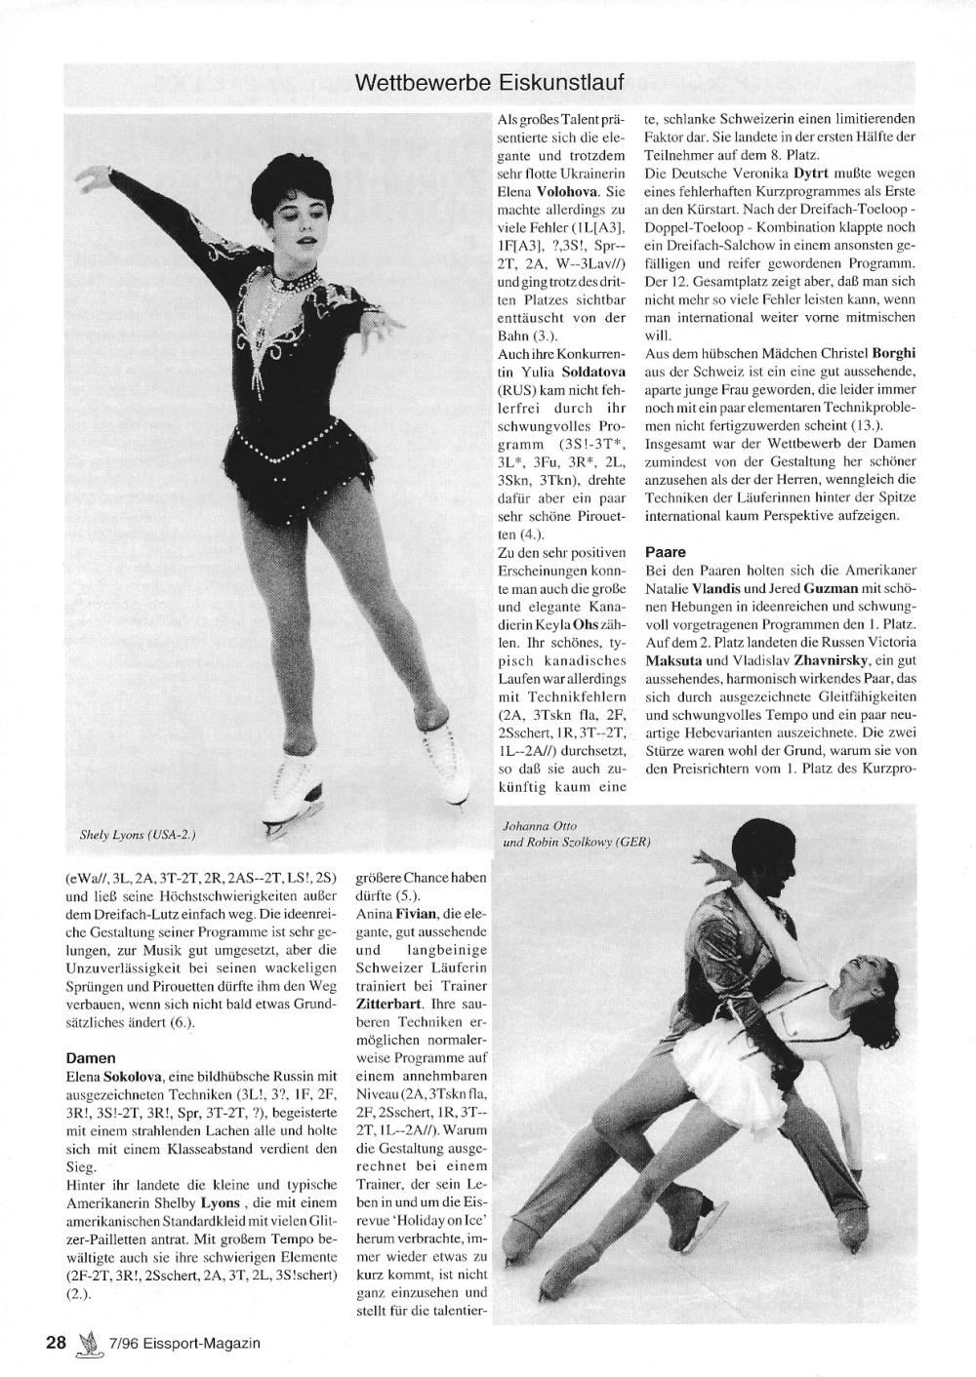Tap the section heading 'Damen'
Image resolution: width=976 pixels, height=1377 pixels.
point(91,1057)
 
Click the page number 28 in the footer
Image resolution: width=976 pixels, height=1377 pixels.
point(56,1343)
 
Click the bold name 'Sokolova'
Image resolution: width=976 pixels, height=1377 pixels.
point(132,1075)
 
